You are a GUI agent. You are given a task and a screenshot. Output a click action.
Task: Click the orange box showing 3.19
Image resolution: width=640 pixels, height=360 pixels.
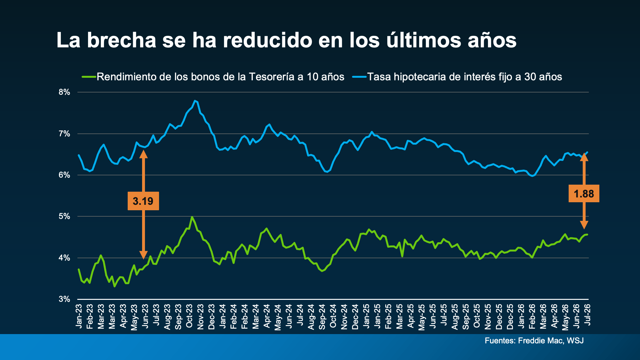click(143, 201)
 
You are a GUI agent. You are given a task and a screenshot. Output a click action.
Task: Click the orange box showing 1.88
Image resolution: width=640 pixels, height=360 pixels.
click(584, 194)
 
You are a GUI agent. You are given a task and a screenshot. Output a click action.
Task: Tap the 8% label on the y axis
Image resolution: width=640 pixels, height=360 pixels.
click(64, 92)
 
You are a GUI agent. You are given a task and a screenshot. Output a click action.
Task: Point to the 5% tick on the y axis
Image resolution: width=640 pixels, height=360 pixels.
click(64, 216)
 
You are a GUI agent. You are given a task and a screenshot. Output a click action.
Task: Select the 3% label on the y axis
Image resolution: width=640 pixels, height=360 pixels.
click(64, 299)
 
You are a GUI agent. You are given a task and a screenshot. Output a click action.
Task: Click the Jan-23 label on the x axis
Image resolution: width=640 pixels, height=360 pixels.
click(79, 316)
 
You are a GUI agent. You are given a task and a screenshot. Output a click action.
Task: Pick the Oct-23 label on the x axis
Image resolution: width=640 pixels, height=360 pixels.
click(189, 316)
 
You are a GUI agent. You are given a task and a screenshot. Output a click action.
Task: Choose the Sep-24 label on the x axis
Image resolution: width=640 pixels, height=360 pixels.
click(322, 316)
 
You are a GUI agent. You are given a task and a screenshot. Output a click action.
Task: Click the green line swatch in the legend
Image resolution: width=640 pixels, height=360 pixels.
click(89, 77)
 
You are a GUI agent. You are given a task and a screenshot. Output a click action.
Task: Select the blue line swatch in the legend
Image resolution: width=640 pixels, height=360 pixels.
click(359, 77)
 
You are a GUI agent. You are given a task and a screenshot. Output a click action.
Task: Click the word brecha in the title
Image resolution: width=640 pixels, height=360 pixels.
click(122, 40)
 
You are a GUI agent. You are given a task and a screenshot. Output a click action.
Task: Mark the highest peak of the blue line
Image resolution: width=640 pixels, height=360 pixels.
click(195, 101)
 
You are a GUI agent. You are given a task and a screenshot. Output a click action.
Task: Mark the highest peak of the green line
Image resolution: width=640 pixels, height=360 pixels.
click(192, 217)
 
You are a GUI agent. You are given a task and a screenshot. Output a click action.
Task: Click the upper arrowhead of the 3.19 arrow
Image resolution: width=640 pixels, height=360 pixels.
click(143, 154)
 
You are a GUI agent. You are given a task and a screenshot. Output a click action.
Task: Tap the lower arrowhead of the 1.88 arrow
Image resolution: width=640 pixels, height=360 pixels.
click(584, 225)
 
